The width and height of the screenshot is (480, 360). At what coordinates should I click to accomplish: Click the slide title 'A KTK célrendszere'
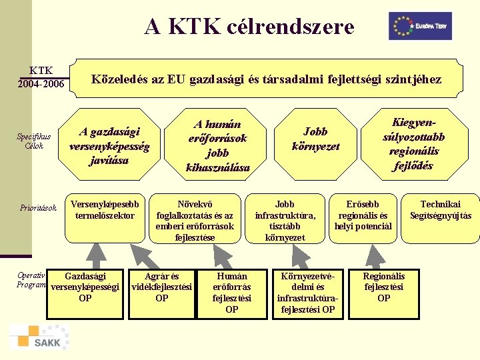click(249, 27)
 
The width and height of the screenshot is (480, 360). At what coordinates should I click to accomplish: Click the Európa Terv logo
click(420, 26)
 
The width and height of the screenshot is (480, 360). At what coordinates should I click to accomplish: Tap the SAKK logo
click(39, 337)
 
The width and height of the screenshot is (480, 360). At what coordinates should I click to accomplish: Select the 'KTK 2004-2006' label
click(41, 77)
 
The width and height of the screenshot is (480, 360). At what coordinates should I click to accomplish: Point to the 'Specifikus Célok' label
click(34, 141)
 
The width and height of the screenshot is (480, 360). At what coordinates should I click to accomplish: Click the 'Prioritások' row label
click(39, 209)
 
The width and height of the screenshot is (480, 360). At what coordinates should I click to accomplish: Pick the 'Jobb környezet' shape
click(315, 139)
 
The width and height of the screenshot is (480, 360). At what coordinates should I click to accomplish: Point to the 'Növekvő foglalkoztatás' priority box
click(195, 219)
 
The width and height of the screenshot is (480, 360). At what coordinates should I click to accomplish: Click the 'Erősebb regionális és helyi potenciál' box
click(364, 215)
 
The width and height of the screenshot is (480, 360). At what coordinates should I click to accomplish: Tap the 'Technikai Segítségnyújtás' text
click(440, 210)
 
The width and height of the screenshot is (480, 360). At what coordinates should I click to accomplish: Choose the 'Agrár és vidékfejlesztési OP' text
click(162, 287)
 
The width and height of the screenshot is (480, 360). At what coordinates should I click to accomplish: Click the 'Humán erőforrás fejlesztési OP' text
click(232, 292)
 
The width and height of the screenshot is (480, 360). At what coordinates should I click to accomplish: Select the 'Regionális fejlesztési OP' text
click(383, 287)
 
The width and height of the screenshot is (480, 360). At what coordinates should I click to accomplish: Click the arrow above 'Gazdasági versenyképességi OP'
click(97, 253)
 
